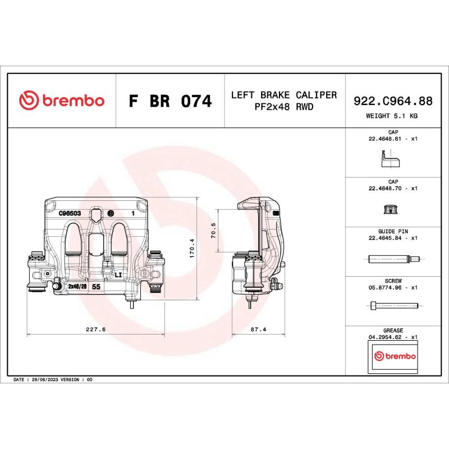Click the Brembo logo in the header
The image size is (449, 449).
(x=62, y=101)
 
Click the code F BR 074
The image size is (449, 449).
(x=170, y=102)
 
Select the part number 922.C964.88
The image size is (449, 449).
(x=392, y=101)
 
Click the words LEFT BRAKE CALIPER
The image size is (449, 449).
(x=284, y=95)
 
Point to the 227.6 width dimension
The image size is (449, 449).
(x=96, y=329)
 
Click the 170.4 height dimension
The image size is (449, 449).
(x=191, y=248)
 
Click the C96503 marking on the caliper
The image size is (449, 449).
(x=71, y=214)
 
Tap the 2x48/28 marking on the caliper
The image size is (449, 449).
(x=77, y=286)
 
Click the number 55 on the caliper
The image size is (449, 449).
(x=96, y=286)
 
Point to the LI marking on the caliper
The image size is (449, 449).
(x=118, y=275)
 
